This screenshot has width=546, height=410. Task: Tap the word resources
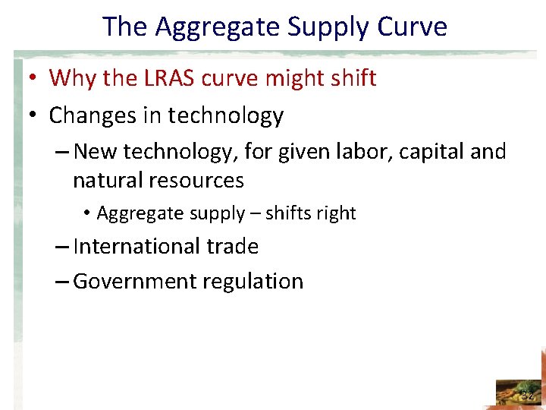(196, 181)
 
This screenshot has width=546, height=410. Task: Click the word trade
(233, 247)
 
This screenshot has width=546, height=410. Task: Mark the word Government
(131, 282)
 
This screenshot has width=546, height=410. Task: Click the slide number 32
(527, 395)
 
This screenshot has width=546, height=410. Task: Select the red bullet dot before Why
(36, 79)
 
